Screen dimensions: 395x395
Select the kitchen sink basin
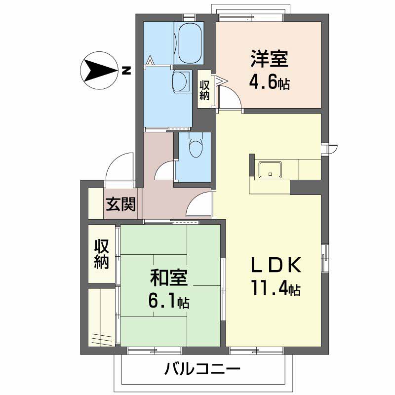click(270, 170)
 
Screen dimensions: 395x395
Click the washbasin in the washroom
click(180, 81)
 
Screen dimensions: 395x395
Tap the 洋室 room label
click(269, 59)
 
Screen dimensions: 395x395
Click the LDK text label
click(276, 265)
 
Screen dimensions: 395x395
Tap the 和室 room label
click(168, 278)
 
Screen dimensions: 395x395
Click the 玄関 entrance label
click(120, 204)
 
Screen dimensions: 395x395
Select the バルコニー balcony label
click(202, 369)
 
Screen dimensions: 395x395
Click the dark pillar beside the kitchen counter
click(306, 188)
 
